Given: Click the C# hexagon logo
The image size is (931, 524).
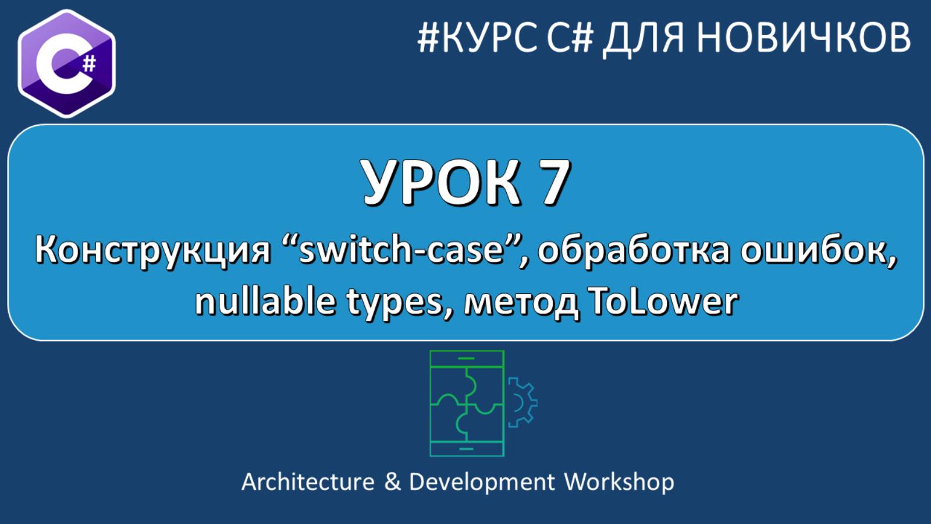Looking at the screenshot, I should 66,63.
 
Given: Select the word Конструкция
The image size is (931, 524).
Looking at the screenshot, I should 153,250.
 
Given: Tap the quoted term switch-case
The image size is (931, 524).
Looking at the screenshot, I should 401,250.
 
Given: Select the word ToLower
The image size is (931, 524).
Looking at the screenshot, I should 663,302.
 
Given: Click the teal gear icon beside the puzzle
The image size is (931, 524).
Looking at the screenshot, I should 521,402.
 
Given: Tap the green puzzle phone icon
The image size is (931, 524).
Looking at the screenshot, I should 467,403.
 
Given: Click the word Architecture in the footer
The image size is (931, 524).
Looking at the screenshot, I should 308,482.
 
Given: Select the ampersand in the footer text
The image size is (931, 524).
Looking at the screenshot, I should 392,482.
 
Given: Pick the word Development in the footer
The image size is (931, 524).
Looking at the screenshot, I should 482,482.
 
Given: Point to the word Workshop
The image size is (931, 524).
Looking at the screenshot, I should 619,482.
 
